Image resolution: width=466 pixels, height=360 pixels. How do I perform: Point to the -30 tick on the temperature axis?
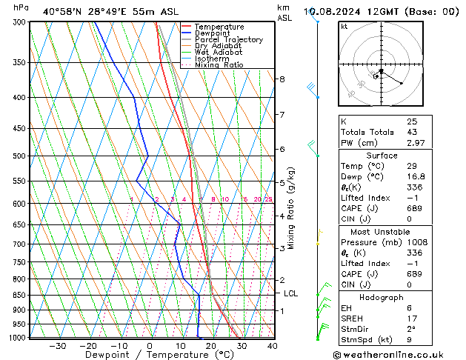tap(58, 346)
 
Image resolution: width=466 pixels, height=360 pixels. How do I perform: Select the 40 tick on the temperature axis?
tap(273, 346)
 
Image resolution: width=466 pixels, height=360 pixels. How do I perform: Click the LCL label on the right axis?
tap(291, 294)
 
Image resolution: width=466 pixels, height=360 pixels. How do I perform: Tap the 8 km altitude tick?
tap(282, 79)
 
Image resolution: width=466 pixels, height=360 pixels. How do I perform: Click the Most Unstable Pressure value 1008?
tap(416, 242)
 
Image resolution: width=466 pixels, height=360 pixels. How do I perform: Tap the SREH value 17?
tap(411, 319)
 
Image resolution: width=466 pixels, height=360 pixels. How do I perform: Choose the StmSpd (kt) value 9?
tap(410, 340)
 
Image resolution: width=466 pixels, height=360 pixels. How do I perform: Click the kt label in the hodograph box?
tap(344, 27)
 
